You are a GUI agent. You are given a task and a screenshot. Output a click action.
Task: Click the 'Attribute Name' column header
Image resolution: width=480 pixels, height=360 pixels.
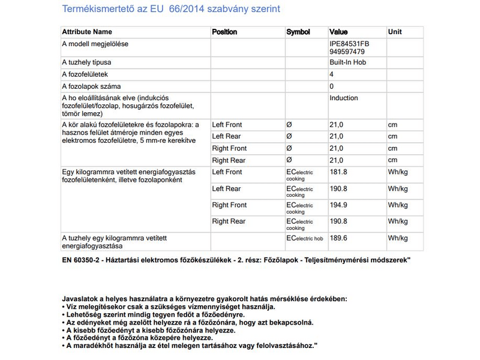(x=87, y=32)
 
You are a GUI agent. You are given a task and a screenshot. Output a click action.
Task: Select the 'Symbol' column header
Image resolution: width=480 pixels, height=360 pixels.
(x=298, y=32)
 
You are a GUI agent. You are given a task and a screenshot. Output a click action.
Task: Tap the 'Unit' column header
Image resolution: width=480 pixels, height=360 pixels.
(x=395, y=32)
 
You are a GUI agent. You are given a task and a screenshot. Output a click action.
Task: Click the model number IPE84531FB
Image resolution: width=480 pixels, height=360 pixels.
(x=350, y=44)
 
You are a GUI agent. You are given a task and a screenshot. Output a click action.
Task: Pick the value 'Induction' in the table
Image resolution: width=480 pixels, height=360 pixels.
(x=344, y=98)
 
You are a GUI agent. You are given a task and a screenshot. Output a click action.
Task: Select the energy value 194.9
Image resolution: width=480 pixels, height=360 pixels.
(x=339, y=205)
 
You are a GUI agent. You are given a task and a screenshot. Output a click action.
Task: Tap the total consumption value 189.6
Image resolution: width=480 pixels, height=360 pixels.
(x=339, y=238)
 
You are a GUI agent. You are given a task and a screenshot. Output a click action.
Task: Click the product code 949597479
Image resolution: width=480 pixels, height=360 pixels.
(x=347, y=52)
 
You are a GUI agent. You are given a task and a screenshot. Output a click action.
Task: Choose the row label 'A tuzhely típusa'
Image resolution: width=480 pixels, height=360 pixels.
(x=87, y=62)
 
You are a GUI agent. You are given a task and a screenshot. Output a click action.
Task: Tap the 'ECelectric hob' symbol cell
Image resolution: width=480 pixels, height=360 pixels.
(x=305, y=238)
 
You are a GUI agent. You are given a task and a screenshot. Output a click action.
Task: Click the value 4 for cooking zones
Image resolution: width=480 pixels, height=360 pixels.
(x=332, y=74)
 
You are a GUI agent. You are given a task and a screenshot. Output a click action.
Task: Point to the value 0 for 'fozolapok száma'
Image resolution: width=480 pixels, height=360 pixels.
(x=332, y=86)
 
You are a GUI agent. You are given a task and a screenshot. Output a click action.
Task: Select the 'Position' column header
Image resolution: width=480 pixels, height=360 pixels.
(x=224, y=32)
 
